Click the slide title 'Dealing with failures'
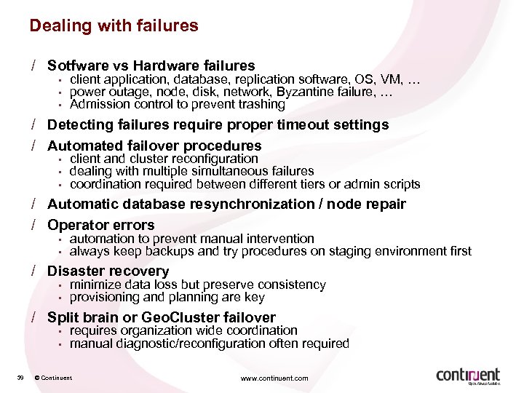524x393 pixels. point(114,26)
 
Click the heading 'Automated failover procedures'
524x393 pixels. point(154,146)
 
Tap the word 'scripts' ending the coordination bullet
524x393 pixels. point(401,184)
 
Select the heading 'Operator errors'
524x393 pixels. point(101,225)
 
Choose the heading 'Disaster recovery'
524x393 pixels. point(108,271)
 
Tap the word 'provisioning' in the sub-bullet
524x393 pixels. point(106,297)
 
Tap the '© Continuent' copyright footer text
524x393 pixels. point(53,378)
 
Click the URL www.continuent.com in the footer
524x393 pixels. point(275,378)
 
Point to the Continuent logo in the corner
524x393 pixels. point(468,376)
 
